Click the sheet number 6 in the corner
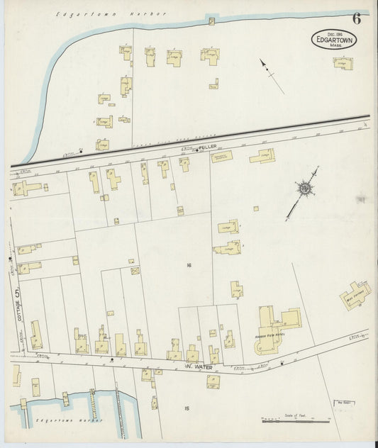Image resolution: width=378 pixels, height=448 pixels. coord(356,19)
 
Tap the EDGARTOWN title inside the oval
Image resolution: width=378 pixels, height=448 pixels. coord(333,40)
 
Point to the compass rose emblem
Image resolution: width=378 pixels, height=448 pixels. coord(304,188)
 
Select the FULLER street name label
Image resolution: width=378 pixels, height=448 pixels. coord(207,146)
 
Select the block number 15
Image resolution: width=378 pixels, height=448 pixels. coord(187,408)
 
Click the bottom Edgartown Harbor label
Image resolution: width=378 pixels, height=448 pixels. coord(77,421)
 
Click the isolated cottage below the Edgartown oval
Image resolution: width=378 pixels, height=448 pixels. coord(343,62)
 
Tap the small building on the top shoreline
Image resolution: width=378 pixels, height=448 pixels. coord(211,21)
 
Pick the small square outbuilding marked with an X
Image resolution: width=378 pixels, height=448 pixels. coord(135,270)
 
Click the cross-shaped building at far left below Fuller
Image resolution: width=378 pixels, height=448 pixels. coord(26,189)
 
